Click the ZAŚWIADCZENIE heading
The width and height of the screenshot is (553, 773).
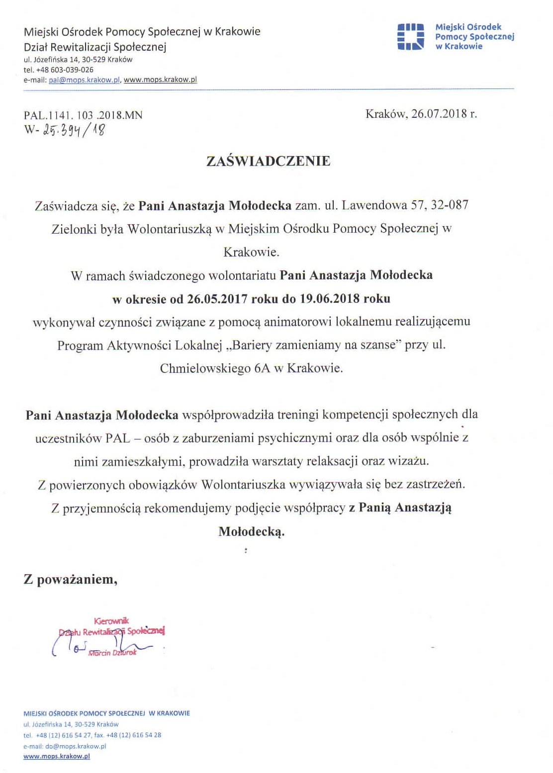pyautogui.click(x=268, y=161)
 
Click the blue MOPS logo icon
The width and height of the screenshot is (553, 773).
pyautogui.click(x=410, y=37)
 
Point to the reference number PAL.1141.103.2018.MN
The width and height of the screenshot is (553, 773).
pyautogui.click(x=83, y=115)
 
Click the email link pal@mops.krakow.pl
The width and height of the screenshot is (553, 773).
pyautogui.click(x=85, y=80)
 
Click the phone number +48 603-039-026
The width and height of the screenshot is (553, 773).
pyautogui.click(x=65, y=70)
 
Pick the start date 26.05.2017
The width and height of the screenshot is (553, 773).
pyautogui.click(x=217, y=299)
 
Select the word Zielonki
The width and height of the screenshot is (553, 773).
pyautogui.click(x=73, y=229)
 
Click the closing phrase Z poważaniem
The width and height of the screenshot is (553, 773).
pyautogui.click(x=70, y=580)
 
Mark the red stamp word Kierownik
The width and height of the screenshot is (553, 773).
pyautogui.click(x=111, y=620)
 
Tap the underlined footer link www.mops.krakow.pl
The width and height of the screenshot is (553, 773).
pyautogui.click(x=57, y=756)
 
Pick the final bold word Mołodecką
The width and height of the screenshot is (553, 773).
pyautogui.click(x=251, y=531)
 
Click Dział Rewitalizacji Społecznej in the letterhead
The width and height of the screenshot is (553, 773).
pyautogui.click(x=95, y=47)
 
